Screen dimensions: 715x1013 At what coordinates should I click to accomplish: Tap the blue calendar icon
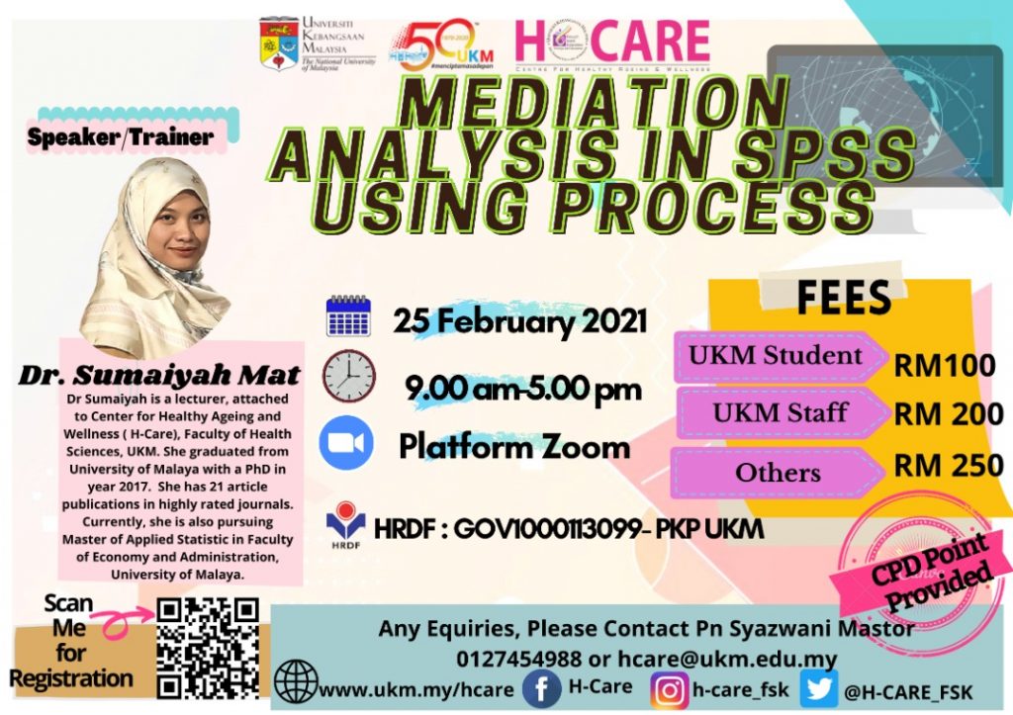point(347,316)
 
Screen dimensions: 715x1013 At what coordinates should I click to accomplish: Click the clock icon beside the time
point(348,377)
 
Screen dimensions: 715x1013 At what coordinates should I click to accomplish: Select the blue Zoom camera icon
point(346,443)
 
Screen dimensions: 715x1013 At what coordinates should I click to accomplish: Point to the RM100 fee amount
point(945,366)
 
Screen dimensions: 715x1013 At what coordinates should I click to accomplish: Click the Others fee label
point(779,473)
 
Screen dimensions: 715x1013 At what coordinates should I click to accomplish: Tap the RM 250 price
point(949,464)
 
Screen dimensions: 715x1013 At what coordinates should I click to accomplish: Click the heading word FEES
point(843,298)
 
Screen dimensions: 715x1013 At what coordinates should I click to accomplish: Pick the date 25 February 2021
point(520,321)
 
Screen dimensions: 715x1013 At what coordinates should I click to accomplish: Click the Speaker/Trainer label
point(120,137)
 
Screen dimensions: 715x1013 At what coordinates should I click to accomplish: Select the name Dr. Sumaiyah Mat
point(159,375)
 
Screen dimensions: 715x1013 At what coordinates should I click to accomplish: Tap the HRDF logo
point(346,527)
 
